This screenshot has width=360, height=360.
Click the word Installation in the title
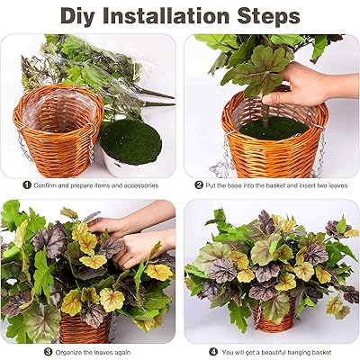point(166,15)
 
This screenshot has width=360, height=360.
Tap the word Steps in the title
point(268,15)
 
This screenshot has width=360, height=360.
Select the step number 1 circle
point(27,184)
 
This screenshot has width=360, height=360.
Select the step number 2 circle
point(199,184)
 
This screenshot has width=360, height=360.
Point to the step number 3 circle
point(49,352)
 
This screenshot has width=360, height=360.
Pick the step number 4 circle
point(213,352)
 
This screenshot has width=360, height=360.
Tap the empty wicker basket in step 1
point(58,130)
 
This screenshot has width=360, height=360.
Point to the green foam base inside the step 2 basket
point(274,128)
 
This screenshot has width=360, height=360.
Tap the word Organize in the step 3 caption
point(68,352)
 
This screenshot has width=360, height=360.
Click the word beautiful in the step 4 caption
point(272,352)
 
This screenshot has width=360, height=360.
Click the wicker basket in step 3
point(85,328)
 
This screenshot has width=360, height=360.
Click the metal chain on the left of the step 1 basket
point(21,143)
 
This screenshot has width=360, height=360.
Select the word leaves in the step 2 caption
point(337,185)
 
